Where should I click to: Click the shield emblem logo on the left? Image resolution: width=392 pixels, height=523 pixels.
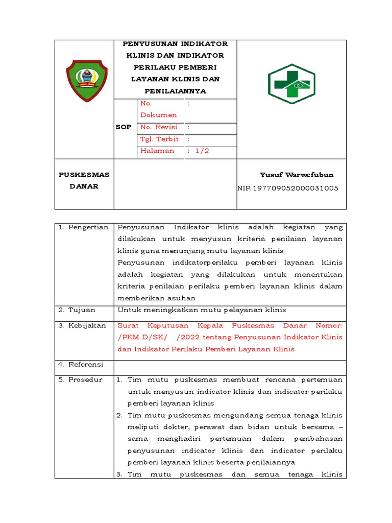coord(87,80)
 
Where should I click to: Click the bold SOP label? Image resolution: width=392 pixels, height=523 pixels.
coord(124,127)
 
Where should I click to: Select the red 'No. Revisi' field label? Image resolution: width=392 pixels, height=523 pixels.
coord(159,127)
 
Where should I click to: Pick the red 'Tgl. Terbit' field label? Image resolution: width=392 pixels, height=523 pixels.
coord(159,139)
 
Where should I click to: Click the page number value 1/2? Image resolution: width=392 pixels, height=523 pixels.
coord(202,151)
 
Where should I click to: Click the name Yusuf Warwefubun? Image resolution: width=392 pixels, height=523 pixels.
coord(297,175)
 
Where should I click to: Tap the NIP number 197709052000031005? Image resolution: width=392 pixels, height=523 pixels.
coord(288,188)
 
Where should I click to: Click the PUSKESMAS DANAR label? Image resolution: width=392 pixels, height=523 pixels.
coord(84,180)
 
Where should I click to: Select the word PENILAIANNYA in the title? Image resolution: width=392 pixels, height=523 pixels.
coord(175,91)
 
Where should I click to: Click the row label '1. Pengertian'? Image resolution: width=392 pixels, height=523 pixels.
coord(83,227)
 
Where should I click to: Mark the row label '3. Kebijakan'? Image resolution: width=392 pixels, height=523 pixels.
coord(82,325)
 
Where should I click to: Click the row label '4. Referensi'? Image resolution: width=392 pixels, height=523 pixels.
coord(81,364)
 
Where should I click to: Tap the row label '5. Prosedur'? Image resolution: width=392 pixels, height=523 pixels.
coord(80,380)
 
